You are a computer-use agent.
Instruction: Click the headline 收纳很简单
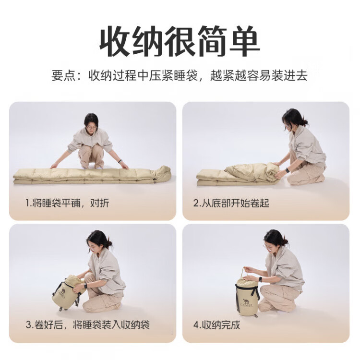point(180,41)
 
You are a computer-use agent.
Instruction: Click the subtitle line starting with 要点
point(180,75)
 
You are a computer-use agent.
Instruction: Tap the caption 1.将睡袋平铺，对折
point(67,203)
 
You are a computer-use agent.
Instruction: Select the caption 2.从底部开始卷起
point(231,203)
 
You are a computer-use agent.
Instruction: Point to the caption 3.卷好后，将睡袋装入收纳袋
point(87,324)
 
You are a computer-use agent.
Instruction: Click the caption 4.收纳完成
point(216,324)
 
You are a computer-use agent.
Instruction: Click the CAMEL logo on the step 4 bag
point(247,302)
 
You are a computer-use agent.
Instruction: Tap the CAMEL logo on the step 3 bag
point(61,295)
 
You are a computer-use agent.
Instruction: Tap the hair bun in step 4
point(285,241)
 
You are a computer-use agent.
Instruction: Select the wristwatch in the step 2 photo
point(287,170)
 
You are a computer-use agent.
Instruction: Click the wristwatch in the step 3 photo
point(85,286)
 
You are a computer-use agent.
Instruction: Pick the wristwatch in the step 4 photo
point(260,279)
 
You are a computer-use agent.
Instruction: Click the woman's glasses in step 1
point(90,127)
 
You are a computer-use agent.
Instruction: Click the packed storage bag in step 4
point(247,296)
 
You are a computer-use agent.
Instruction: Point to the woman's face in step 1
point(91,128)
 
